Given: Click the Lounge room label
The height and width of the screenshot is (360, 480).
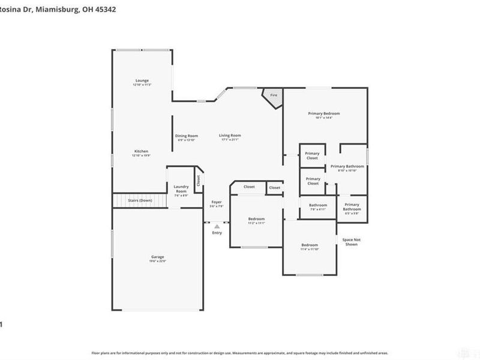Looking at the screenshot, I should click(x=142, y=80).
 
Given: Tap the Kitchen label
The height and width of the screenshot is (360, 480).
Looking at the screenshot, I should click(x=141, y=151).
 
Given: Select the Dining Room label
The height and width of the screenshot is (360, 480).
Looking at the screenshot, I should click(x=186, y=136).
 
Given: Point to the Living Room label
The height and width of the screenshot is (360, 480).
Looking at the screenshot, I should click(x=229, y=136).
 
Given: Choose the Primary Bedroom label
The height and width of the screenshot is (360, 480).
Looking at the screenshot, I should click(x=324, y=113).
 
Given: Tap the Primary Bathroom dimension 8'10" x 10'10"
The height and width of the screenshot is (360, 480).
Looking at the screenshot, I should click(x=347, y=171).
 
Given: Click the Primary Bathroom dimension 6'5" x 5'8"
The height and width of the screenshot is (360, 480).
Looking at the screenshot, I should click(x=352, y=213).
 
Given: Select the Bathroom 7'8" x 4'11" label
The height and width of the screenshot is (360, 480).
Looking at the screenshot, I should click(x=318, y=205).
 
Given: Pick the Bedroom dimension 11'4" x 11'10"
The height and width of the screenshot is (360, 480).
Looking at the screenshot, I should click(x=310, y=250).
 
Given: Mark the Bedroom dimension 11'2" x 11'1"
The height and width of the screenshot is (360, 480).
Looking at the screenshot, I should click(x=257, y=223).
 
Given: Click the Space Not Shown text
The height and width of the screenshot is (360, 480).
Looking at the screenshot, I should click(x=351, y=242).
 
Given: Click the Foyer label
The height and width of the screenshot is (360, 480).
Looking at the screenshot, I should click(x=216, y=202).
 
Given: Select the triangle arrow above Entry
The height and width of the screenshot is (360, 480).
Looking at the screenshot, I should click(x=217, y=227).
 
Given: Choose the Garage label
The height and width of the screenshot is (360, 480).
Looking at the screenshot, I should click(x=157, y=257).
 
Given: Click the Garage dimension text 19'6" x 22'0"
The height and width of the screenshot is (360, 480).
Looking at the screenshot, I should click(x=157, y=261).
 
